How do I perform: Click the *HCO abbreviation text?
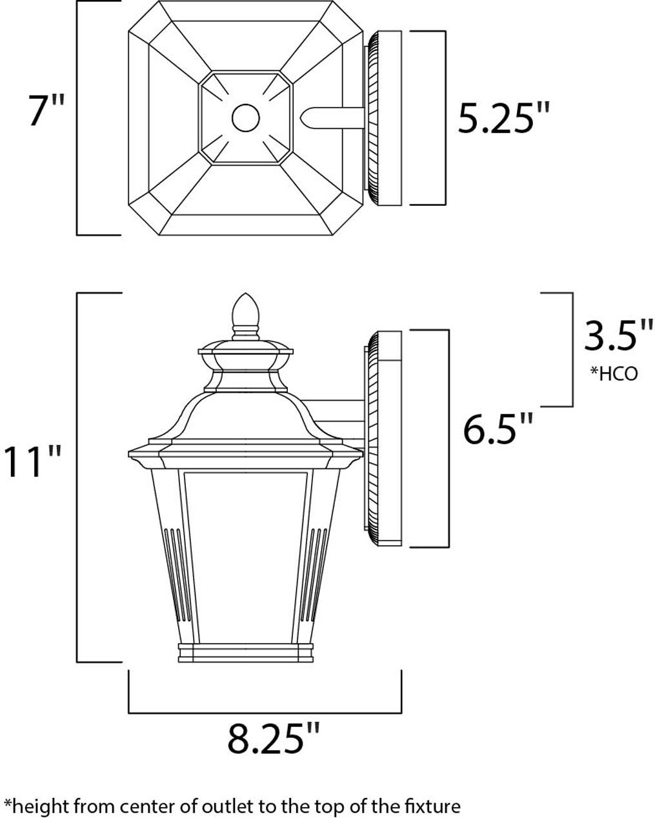[x=613, y=373]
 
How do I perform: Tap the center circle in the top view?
[x=246, y=118]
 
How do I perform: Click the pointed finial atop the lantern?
[x=245, y=312]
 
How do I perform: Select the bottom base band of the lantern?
[x=245, y=652]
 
